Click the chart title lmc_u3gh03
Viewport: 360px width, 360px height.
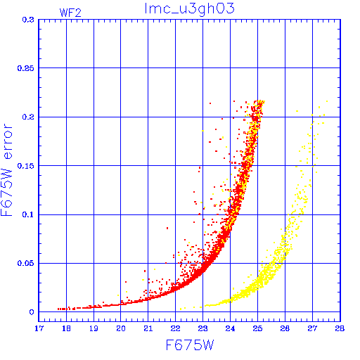[190, 9]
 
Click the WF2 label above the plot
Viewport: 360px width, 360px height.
[70, 13]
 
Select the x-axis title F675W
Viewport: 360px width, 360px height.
[190, 345]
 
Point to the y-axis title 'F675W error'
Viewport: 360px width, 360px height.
[6, 170]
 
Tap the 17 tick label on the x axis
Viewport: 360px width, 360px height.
[39, 328]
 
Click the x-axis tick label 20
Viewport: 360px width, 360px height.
[121, 328]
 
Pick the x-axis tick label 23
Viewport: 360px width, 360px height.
[202, 328]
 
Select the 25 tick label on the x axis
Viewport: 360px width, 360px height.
[257, 328]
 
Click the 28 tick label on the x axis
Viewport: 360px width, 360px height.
[340, 328]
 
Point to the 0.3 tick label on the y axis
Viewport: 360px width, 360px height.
[28, 20]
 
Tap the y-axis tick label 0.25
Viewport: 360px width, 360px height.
[25, 68]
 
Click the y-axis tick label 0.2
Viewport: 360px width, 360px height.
[28, 117]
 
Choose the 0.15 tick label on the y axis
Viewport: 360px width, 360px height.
[25, 166]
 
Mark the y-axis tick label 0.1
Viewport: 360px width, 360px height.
[28, 214]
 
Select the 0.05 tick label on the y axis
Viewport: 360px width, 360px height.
[25, 263]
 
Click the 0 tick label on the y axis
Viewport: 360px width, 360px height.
[32, 312]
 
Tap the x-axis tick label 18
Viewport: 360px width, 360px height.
[66, 328]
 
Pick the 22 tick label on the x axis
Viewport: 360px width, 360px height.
[175, 328]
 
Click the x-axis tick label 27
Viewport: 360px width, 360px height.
[312, 328]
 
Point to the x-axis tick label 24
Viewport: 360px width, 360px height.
[230, 328]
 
